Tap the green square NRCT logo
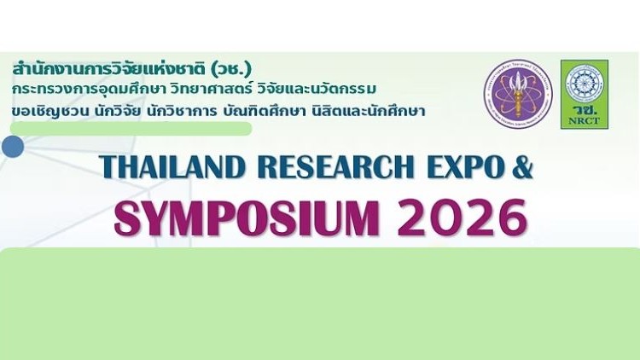tap(585, 94)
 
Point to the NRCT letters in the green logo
tap(585, 121)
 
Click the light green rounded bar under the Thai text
tap(128, 129)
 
